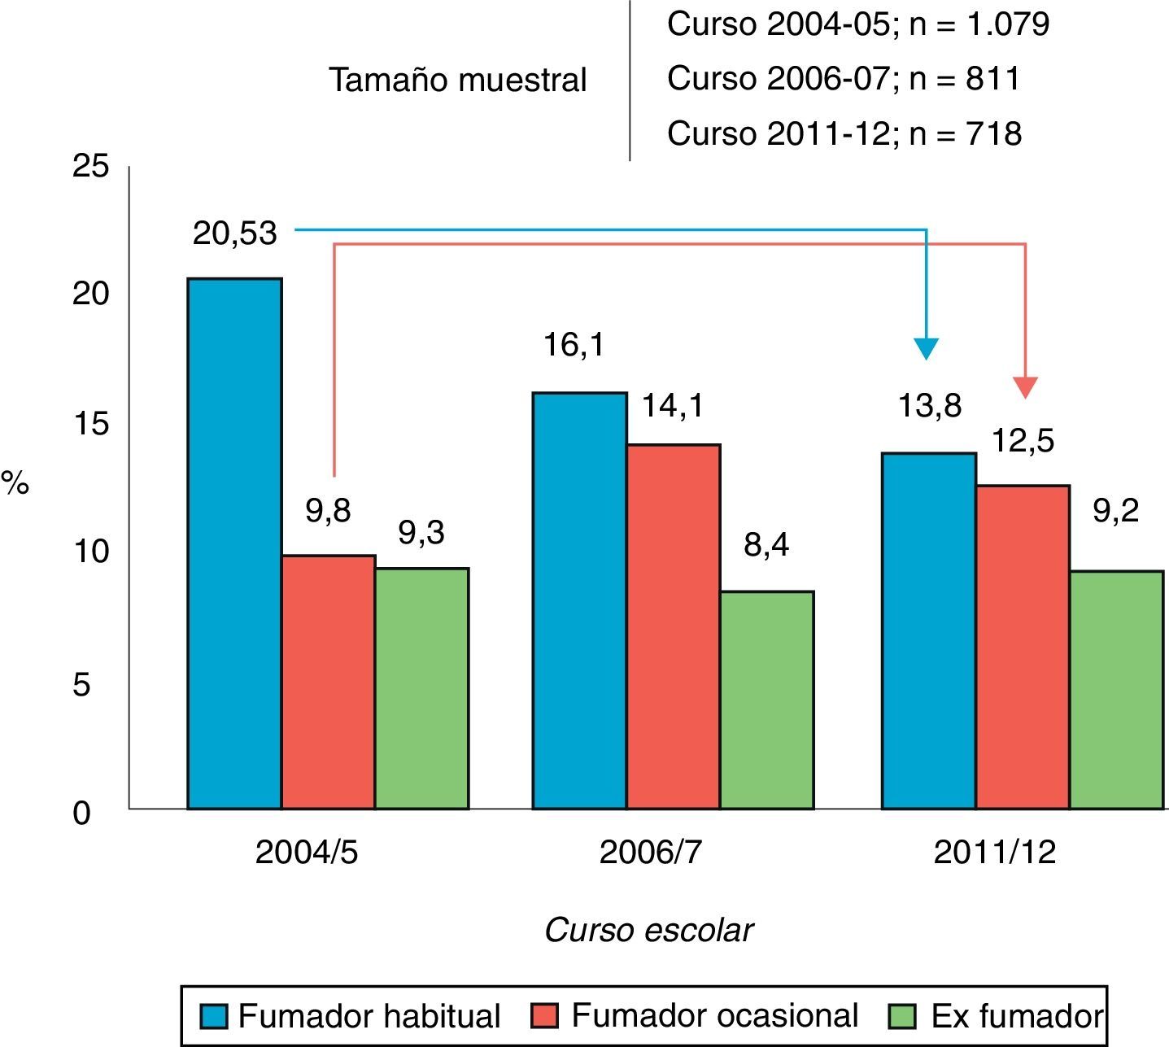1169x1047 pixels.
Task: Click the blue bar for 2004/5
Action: click(x=234, y=543)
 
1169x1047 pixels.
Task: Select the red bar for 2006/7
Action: click(x=673, y=626)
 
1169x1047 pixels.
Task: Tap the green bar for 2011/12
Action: click(x=1116, y=690)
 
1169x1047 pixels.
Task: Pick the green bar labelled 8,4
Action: click(x=766, y=700)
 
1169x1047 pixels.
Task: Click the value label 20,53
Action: click(x=235, y=233)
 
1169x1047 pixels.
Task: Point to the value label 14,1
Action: click(x=673, y=405)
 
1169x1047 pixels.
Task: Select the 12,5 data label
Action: click(x=1023, y=441)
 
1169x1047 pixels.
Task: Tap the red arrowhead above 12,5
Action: click(x=1026, y=387)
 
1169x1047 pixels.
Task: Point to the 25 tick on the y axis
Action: click(x=90, y=166)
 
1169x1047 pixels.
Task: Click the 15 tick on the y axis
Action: click(x=90, y=424)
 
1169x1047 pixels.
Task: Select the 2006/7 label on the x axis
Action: click(x=650, y=853)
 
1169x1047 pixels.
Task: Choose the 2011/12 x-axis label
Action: click(x=994, y=853)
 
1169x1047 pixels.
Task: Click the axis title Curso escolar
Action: click(x=648, y=930)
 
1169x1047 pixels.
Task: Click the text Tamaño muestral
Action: click(x=457, y=80)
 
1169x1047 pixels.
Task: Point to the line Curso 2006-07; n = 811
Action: click(x=843, y=79)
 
